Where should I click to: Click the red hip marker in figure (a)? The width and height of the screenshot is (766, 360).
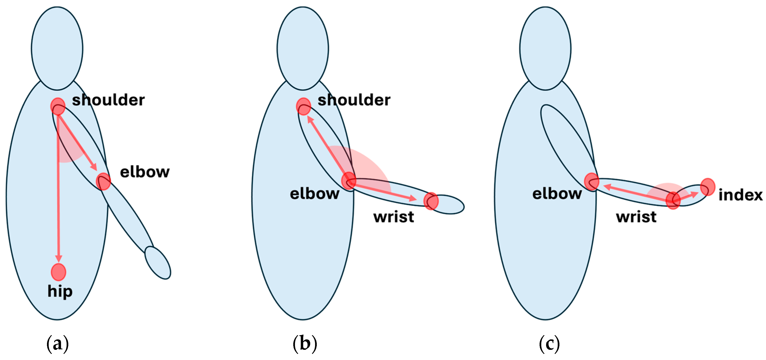tap(58, 272)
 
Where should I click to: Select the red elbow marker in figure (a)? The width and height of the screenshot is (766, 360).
tap(103, 181)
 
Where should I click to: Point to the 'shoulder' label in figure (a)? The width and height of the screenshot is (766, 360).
tap(108, 100)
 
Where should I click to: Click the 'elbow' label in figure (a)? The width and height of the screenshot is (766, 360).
tap(145, 172)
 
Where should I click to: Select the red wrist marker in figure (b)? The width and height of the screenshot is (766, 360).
tap(431, 201)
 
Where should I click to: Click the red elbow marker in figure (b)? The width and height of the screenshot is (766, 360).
tap(348, 180)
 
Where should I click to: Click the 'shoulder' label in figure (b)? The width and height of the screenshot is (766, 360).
tap(354, 100)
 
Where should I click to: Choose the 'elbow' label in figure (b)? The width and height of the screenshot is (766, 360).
tap(315, 194)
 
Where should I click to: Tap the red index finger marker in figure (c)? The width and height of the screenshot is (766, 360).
tap(708, 187)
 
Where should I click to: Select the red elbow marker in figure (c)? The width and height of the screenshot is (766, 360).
tap(591, 181)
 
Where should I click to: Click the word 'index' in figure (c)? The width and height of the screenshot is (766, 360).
tap(740, 195)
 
